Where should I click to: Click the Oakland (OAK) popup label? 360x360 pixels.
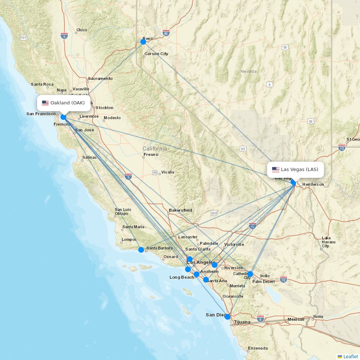64,103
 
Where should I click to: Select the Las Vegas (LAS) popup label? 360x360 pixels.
295,170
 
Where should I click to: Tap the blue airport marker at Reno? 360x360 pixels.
143,42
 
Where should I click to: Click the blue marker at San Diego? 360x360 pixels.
228,317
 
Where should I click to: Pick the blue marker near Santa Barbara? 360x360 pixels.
141,250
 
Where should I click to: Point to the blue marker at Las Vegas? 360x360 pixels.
293,183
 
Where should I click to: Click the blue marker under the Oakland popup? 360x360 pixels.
63,117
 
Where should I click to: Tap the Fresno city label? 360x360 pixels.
151,154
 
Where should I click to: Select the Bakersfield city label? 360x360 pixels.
180,210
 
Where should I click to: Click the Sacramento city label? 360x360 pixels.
100,78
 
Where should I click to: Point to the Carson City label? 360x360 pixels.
156,54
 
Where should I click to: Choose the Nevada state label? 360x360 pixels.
248,71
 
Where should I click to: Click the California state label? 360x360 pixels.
155,149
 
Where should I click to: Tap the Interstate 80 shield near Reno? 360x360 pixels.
166,33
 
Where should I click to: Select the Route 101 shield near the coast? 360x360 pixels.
24,37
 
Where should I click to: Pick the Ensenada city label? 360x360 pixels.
258,348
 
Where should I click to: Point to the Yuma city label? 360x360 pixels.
318,317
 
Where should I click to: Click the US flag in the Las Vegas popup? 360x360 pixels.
276,170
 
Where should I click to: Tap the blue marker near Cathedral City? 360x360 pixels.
250,274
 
